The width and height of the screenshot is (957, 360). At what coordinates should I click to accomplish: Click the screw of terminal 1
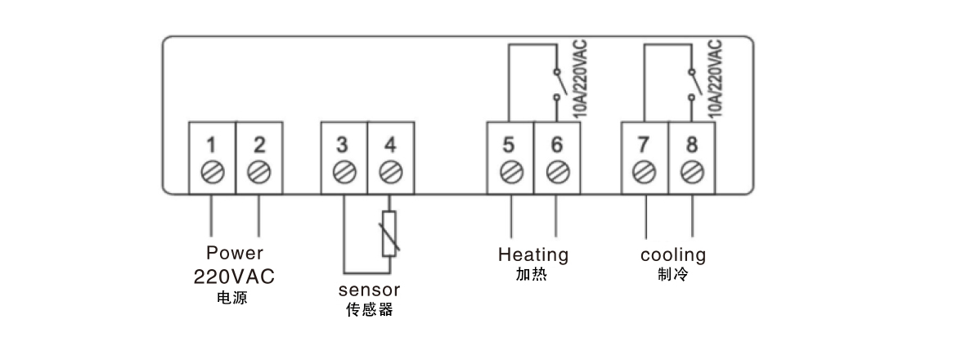212,173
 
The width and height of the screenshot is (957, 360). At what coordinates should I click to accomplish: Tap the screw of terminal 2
259,173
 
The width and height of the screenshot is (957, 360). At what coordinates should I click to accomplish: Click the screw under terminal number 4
390,173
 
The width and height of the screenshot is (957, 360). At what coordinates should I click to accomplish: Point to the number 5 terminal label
509,146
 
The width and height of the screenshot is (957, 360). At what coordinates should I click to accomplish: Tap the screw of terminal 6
557,173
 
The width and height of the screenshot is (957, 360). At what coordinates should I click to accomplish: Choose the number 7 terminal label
644,146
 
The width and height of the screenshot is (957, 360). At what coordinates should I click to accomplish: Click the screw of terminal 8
692,173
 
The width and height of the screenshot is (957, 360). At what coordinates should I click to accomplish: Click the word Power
235,253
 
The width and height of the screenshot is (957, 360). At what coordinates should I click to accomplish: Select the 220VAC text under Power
234,277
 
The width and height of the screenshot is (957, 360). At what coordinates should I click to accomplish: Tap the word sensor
369,290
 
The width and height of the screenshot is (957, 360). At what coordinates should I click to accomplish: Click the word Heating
533,254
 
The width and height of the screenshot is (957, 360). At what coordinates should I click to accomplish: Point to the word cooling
672,254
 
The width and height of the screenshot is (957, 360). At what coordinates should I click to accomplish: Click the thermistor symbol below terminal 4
390,234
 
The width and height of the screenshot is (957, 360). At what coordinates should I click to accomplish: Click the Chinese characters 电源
234,299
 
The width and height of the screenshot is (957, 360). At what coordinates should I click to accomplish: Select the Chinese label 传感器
369,310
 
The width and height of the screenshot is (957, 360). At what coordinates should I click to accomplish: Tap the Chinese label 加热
532,275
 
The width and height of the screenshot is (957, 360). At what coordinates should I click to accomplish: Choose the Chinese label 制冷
672,275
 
